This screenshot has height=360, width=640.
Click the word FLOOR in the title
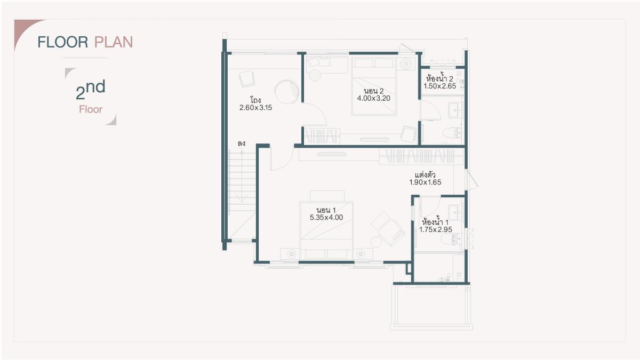(63, 42)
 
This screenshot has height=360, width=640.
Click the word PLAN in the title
(114, 42)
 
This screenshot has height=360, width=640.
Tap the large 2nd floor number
(91, 90)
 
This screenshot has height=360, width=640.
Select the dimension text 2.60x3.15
(255, 108)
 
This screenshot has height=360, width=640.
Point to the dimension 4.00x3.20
(374, 98)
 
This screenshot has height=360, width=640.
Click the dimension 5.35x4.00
(326, 218)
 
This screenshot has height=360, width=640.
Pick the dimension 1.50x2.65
(439, 86)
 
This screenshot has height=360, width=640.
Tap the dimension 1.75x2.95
(436, 230)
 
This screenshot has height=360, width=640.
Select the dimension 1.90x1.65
(425, 182)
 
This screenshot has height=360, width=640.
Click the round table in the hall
(286, 91)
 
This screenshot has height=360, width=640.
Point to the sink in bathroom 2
(454, 110)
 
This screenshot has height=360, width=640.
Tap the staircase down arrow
(242, 177)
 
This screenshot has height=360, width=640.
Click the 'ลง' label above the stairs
(242, 143)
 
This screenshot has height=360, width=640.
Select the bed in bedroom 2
(374, 86)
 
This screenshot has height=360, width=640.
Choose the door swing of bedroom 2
(315, 114)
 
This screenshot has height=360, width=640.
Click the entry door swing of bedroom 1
(282, 159)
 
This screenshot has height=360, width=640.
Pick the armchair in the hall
(247, 79)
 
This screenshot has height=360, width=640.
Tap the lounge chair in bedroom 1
(388, 229)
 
